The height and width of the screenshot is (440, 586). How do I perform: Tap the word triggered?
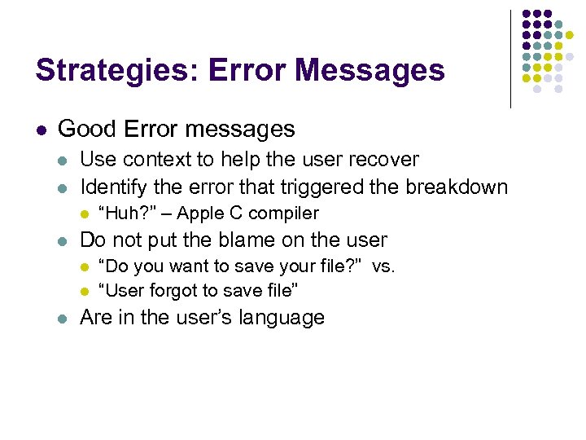310,187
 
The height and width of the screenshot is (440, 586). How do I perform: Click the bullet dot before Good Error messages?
41,130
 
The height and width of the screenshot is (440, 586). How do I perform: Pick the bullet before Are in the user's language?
63,318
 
